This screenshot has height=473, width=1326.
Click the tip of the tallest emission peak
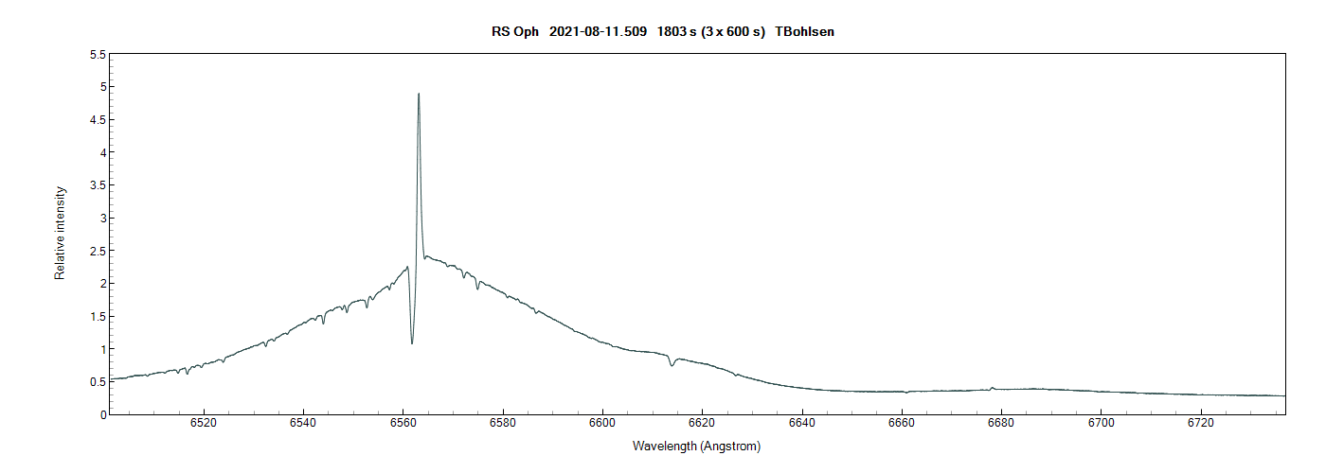point(419,94)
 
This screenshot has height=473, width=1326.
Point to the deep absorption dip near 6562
point(412,342)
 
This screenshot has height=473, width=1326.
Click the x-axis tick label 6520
point(204,423)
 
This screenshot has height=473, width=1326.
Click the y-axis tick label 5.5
point(97,55)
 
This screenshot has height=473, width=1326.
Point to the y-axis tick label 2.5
point(97,251)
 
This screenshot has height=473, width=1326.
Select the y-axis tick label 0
point(101,414)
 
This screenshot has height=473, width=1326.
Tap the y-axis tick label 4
point(101,152)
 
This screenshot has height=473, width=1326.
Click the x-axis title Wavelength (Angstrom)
point(697,446)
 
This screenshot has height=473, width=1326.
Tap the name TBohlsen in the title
point(804,32)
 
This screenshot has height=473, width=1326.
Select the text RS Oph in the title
point(515,32)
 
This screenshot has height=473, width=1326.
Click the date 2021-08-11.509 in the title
point(599,32)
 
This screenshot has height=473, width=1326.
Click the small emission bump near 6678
point(992,387)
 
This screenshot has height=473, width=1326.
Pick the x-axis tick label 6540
point(303,423)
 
